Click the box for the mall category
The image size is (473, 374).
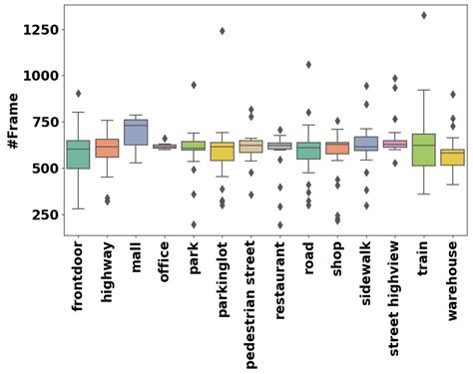point(136,132)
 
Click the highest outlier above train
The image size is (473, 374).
point(423,15)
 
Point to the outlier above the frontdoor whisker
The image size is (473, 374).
point(79,94)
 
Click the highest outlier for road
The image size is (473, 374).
point(308,65)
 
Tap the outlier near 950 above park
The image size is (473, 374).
point(194,85)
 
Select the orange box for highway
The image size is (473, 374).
point(107,148)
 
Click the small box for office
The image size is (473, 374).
point(165,146)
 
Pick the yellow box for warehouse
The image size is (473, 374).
point(452,157)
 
